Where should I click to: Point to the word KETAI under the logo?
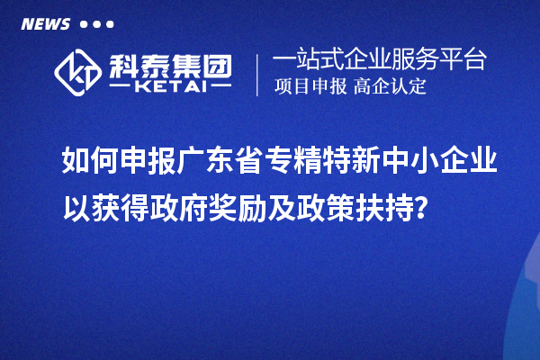[x=170, y=87]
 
